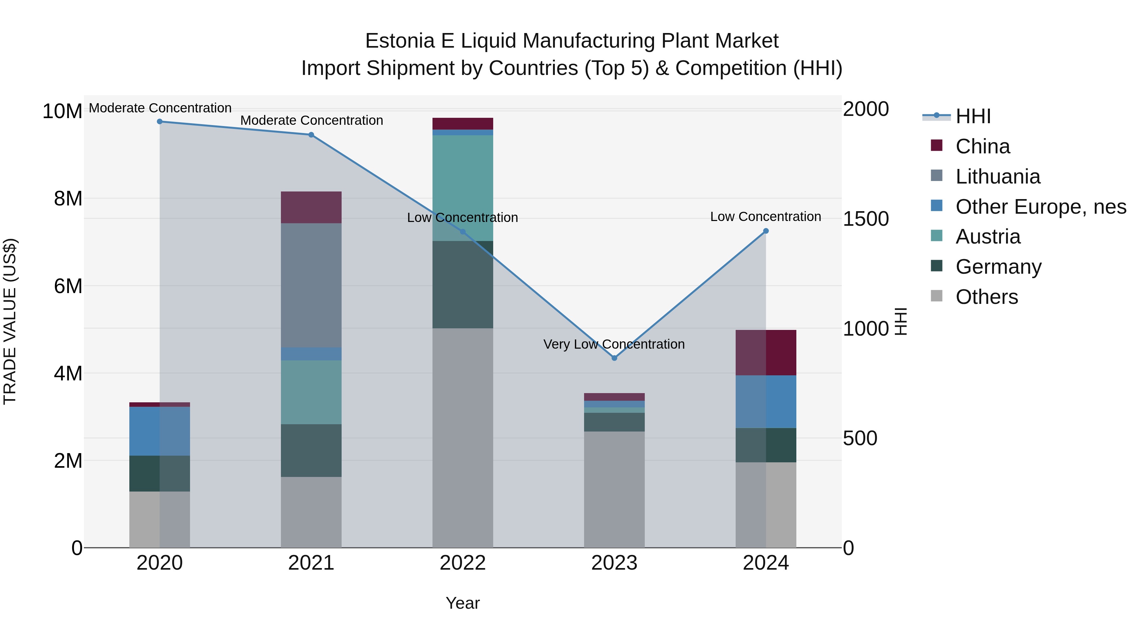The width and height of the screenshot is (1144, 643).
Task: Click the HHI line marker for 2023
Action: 614,358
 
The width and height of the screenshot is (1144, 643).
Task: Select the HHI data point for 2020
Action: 160,122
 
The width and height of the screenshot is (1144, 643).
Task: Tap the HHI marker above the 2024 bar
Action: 766,231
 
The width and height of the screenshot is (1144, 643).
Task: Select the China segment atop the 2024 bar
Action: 766,352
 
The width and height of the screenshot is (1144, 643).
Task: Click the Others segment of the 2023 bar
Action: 614,489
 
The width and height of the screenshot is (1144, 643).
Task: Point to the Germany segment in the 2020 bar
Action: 160,473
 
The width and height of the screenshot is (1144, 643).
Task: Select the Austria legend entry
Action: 988,237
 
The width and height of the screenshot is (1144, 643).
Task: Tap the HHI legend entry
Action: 973,116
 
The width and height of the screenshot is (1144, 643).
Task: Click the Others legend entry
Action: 986,297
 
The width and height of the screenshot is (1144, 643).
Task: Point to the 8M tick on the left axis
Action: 68,198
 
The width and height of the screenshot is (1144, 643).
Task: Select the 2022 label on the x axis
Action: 463,563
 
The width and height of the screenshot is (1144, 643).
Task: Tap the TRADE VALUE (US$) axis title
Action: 10,321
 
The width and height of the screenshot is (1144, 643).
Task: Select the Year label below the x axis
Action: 463,603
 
